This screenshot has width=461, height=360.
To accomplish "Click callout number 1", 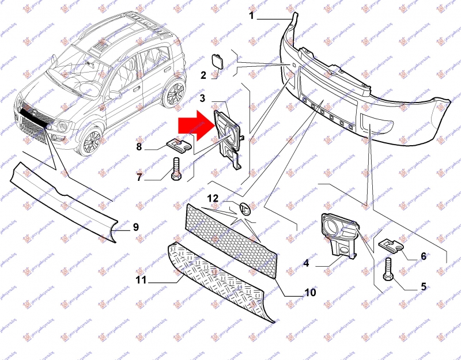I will click(x=252, y=16).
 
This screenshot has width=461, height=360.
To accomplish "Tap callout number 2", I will click(x=203, y=75).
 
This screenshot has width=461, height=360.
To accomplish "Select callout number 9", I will click(x=136, y=227).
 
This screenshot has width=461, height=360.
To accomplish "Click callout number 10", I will click(x=310, y=293).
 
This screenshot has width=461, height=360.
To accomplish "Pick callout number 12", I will click(x=213, y=199).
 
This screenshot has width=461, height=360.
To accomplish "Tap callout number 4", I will click(x=307, y=264).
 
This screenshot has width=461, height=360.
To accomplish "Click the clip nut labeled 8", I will click(x=178, y=144).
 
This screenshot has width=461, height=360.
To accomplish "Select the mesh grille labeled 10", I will click(x=231, y=236).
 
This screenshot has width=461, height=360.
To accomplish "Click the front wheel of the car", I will click(x=91, y=139).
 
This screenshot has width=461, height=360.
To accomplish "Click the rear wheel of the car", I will click(x=175, y=93).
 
